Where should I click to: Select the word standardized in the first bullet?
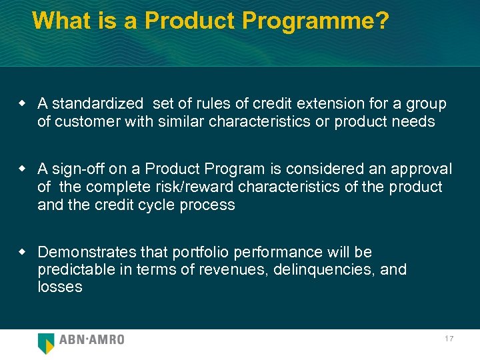pos(97,104)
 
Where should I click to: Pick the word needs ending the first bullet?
pos(416,121)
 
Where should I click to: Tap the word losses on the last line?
pos(60,287)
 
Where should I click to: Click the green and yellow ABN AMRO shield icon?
pos(46,343)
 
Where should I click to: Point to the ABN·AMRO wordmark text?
pos(92,340)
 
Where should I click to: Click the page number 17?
pos(449,339)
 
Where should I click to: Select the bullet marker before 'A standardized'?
pos(22,103)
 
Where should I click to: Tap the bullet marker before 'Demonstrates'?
pos(22,251)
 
